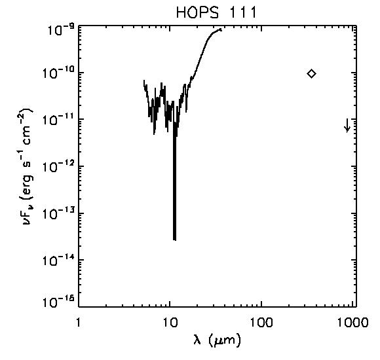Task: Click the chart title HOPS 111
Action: pyautogui.click(x=216, y=12)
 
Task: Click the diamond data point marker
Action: pyautogui.click(x=311, y=73)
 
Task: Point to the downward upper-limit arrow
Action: pyautogui.click(x=347, y=125)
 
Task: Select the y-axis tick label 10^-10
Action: pyautogui.click(x=59, y=73)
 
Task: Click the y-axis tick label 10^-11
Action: pyautogui.click(x=59, y=120)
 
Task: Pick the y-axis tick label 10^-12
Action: pyautogui.click(x=59, y=166)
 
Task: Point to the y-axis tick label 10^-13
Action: pyautogui.click(x=59, y=213)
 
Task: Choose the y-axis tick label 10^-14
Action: pyautogui.click(x=59, y=261)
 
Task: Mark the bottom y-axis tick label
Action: pyautogui.click(x=59, y=302)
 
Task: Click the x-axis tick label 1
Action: pyautogui.click(x=78, y=322)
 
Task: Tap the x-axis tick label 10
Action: pyautogui.click(x=170, y=322)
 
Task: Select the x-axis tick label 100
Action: pyautogui.click(x=261, y=322)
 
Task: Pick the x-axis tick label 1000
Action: pyautogui.click(x=352, y=322)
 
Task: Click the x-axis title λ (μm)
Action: pyautogui.click(x=218, y=340)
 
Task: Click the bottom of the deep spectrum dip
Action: pyautogui.click(x=174, y=240)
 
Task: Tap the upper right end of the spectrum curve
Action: pyautogui.click(x=221, y=29)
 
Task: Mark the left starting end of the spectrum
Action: pyautogui.click(x=144, y=81)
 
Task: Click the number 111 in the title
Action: pyautogui.click(x=242, y=12)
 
